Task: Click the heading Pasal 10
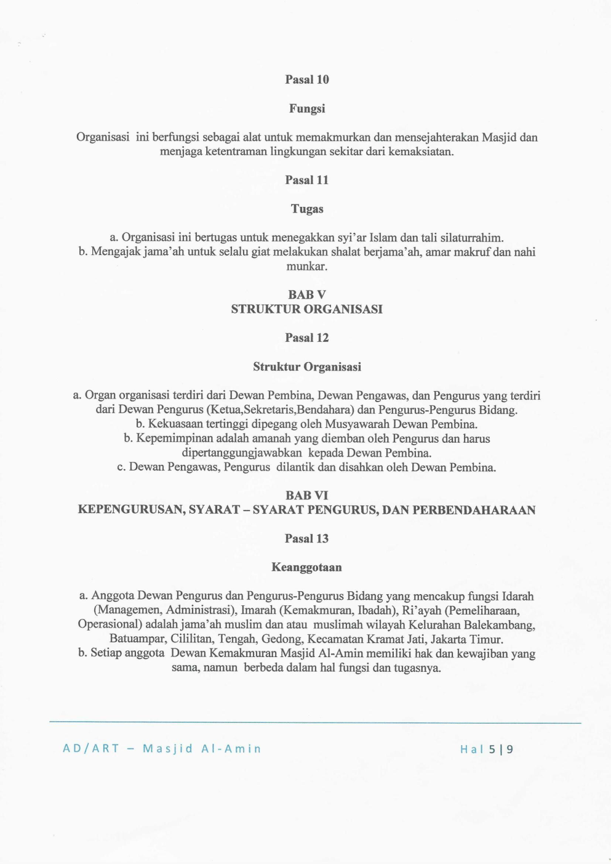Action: tap(306, 79)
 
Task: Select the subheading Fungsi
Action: tap(306, 108)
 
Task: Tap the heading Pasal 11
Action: tap(306, 180)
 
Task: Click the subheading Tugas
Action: tap(306, 209)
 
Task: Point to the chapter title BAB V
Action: tap(306, 294)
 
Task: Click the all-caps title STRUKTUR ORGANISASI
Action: tap(306, 309)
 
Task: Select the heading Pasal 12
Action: tap(306, 337)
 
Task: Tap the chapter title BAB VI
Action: tap(306, 495)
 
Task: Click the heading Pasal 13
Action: tap(306, 538)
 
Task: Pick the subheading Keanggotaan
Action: tap(306, 567)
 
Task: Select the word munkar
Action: tap(306, 267)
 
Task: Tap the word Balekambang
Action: tap(500, 625)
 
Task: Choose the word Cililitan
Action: tap(191, 639)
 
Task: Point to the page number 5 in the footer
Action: tap(492, 749)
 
